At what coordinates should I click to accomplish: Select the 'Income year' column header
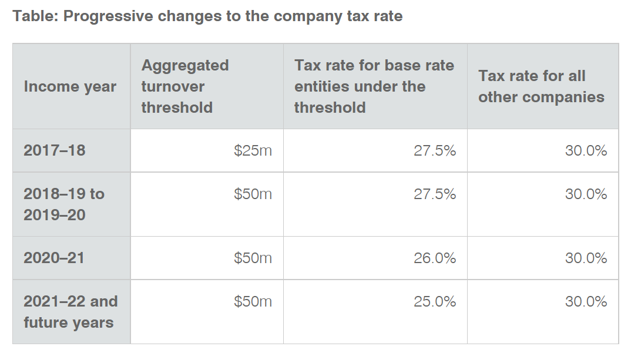pos(70,86)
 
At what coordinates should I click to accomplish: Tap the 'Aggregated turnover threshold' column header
pos(185,86)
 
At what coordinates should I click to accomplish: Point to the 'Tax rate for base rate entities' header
pos(374,86)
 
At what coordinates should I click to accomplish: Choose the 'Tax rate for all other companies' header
pos(541,86)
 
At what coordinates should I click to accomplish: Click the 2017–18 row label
pos(55,150)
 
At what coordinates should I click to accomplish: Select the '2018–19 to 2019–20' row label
pos(64,204)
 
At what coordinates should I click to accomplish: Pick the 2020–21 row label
pos(54,258)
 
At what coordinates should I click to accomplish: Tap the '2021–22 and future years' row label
pos(71,312)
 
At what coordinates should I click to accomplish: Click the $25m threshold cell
pos(253,150)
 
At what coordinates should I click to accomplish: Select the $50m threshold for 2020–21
pos(253,258)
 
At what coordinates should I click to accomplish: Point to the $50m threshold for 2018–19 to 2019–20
pos(253,194)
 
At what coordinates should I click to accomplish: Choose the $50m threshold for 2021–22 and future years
pos(253,301)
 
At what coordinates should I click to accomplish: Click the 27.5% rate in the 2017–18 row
pos(435,150)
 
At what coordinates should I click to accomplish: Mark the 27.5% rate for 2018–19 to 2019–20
pos(435,194)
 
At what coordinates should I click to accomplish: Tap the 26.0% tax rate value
pos(435,258)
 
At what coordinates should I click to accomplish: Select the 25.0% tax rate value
pos(435,301)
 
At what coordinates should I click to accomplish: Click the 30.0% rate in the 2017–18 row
pos(586,150)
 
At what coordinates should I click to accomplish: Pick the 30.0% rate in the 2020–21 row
pos(586,258)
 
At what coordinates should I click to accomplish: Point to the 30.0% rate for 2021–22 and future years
pos(586,301)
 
